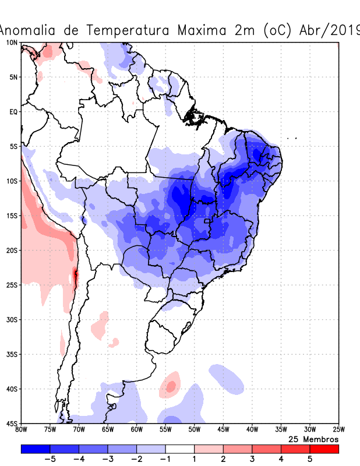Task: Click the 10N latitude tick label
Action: point(12,43)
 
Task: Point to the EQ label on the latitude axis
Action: point(13,111)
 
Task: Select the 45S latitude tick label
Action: point(12,423)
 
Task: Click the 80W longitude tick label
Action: point(21,430)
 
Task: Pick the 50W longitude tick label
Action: point(195,430)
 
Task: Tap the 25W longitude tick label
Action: point(338,430)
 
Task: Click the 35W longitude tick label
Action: point(281,430)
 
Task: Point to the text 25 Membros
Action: point(313,439)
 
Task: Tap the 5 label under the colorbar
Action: point(310,459)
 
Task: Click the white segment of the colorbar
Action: point(179,449)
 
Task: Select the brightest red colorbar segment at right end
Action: point(324,449)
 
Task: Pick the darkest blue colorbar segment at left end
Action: point(35,449)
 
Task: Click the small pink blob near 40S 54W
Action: point(171,385)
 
